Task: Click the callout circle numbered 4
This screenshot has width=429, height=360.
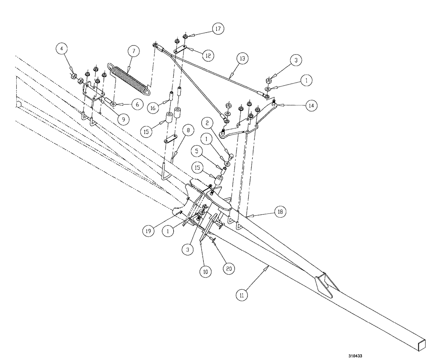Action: pos(62,49)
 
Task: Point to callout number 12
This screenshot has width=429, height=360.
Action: pos(207,55)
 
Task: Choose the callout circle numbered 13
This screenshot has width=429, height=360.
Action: pos(242,58)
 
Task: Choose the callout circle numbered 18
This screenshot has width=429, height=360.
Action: pos(279,211)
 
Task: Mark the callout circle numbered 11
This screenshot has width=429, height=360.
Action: pos(243,294)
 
